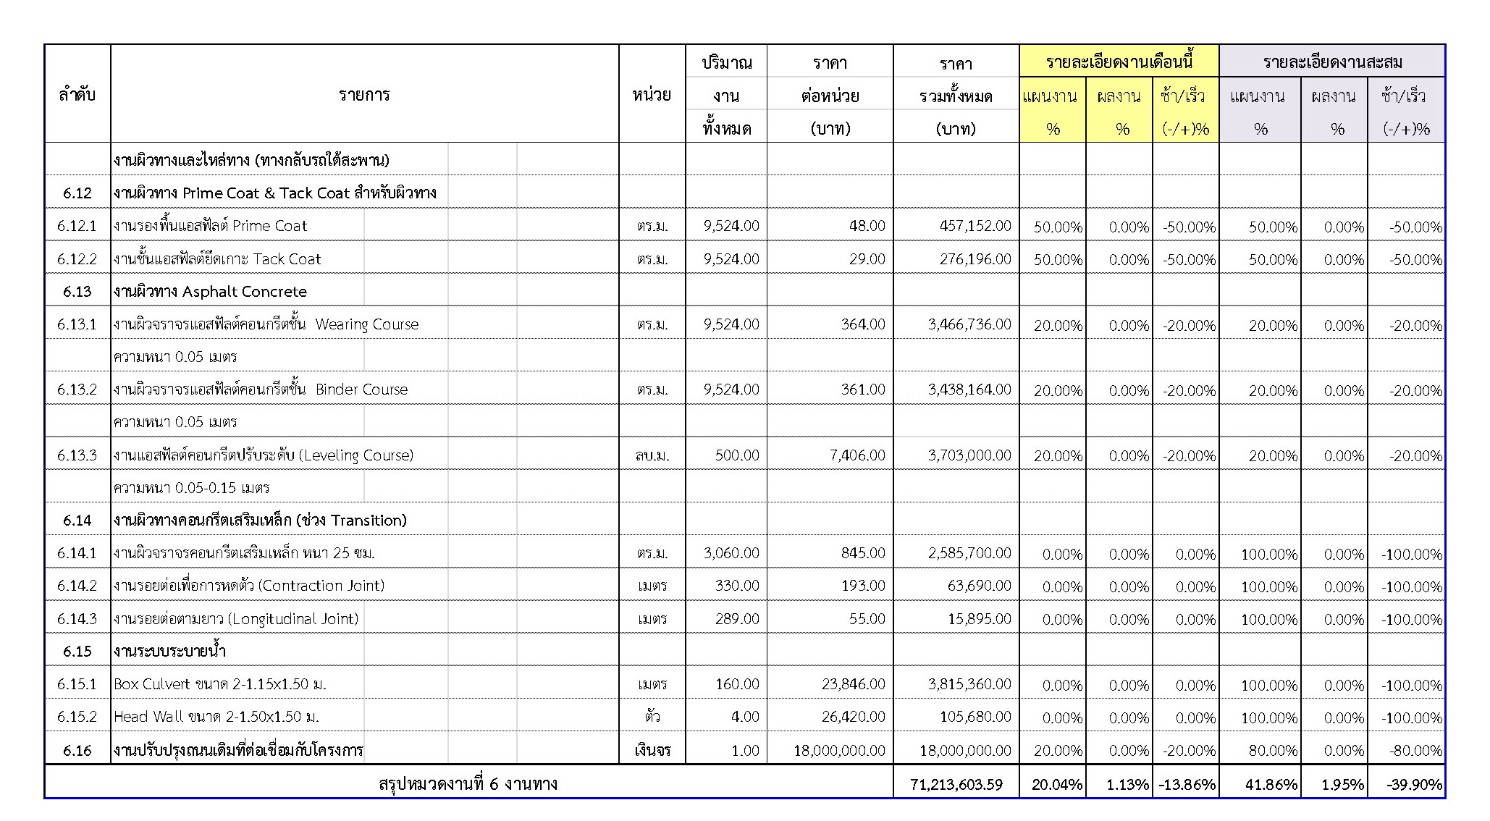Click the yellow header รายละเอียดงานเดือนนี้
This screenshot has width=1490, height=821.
point(1119,62)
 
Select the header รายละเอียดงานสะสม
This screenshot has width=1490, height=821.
point(1332,62)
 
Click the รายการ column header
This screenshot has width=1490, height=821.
point(364,95)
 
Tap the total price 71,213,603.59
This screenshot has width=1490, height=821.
point(956,784)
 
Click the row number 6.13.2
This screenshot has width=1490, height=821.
point(77,390)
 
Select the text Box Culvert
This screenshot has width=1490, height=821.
point(152,684)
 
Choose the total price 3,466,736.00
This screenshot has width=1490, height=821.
point(969,324)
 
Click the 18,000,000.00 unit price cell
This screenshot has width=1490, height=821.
point(839,751)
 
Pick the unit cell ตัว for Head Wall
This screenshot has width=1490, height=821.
point(652,717)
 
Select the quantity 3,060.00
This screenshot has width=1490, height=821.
point(731,553)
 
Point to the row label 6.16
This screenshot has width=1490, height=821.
point(77,751)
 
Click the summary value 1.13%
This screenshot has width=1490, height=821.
point(1128,784)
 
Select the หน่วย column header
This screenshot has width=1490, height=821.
point(652,95)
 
